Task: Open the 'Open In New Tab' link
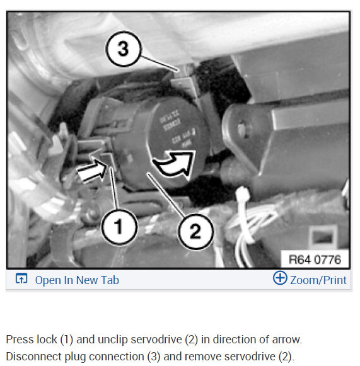pyautogui.click(x=76, y=280)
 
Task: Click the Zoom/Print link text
pyautogui.click(x=318, y=280)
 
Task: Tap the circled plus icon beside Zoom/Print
pyautogui.click(x=279, y=278)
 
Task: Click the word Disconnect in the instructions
pyautogui.click(x=33, y=356)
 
